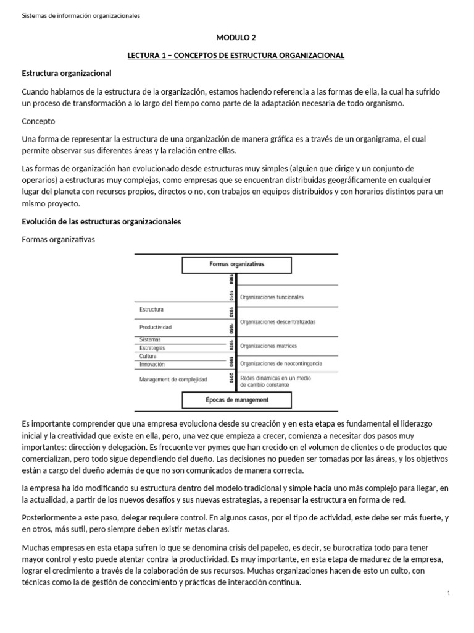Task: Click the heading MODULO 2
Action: point(236,37)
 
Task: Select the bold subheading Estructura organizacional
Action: point(66,74)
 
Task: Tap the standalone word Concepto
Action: point(38,121)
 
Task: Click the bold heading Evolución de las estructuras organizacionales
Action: point(101,222)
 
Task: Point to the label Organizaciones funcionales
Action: point(272,297)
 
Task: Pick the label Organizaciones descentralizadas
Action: point(277,321)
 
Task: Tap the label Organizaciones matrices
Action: point(268,346)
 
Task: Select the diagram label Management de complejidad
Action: point(173,379)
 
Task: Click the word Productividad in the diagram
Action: point(156,327)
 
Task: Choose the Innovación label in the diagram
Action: point(152,365)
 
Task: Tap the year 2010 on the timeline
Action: point(231,378)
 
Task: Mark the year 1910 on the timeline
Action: point(231,295)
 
